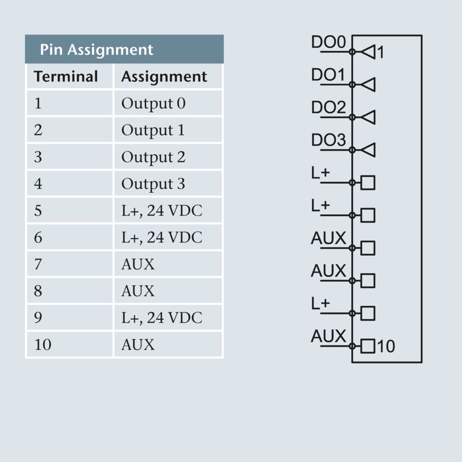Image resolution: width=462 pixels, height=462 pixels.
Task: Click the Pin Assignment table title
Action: (x=96, y=50)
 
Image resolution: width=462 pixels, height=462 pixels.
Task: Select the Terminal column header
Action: (x=66, y=76)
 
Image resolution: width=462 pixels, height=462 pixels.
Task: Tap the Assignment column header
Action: (x=164, y=76)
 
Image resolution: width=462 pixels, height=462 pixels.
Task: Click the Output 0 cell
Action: (x=153, y=104)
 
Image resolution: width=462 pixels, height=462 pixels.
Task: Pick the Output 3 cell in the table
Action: (x=153, y=184)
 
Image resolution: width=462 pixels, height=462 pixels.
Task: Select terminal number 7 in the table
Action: (x=38, y=264)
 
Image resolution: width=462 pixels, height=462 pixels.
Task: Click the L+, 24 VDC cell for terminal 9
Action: (x=162, y=318)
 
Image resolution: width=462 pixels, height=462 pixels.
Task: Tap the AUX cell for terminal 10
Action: (x=138, y=345)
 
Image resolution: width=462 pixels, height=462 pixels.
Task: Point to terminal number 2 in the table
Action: (x=38, y=131)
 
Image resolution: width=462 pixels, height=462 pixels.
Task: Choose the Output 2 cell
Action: (x=153, y=157)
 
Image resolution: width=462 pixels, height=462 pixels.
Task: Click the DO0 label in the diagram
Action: (x=328, y=42)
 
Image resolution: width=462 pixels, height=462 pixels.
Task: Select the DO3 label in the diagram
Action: (x=328, y=140)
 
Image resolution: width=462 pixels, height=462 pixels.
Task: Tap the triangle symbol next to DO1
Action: (x=368, y=85)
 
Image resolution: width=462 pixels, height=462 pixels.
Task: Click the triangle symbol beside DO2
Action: (x=368, y=117)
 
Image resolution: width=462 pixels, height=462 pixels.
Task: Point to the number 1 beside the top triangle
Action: (x=381, y=53)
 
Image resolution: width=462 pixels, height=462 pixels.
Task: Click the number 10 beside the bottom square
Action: (x=386, y=346)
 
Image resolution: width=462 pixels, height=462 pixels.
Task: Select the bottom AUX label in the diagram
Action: (x=328, y=336)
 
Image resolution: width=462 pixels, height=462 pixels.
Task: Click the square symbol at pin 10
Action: (x=368, y=346)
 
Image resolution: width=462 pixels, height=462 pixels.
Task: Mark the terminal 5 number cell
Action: (x=38, y=211)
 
